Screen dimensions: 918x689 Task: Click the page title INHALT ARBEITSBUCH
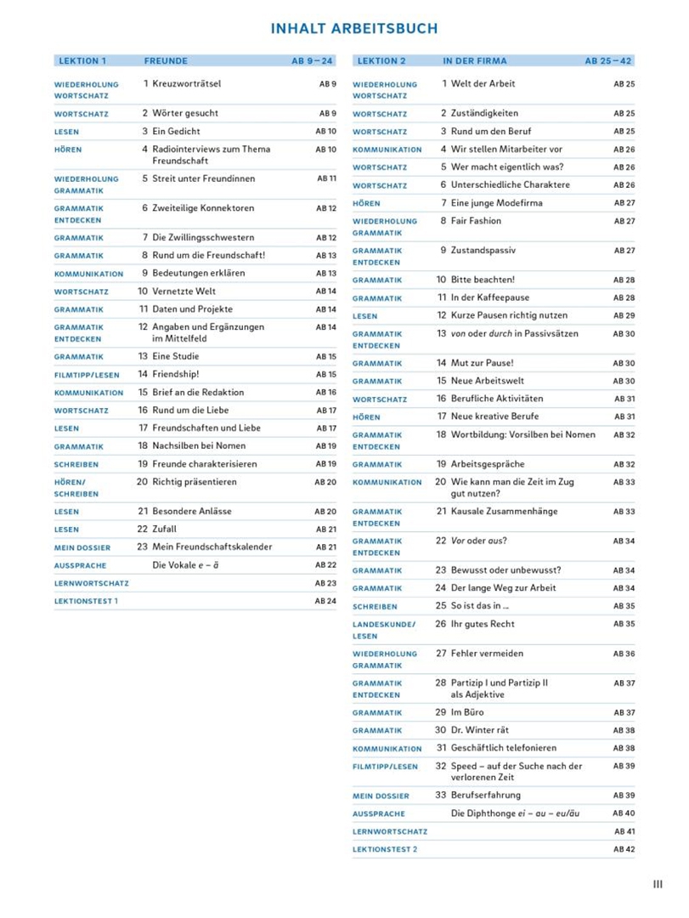coord(353,29)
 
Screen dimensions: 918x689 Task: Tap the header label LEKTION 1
coord(82,61)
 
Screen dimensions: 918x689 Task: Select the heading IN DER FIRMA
coord(475,61)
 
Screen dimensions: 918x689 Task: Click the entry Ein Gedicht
coord(177,131)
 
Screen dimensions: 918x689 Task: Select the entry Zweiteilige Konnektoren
coord(201,208)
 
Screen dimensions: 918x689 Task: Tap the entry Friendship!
coord(175,374)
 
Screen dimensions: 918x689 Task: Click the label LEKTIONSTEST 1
coord(86,601)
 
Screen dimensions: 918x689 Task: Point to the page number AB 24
coord(325,601)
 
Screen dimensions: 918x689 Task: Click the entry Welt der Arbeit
coord(483,84)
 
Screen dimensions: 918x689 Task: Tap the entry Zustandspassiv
coord(483,251)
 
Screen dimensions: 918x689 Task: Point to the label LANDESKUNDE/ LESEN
coord(384,630)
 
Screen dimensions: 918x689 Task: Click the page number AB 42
coord(624,849)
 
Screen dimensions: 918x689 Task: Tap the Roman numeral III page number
coord(658,884)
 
